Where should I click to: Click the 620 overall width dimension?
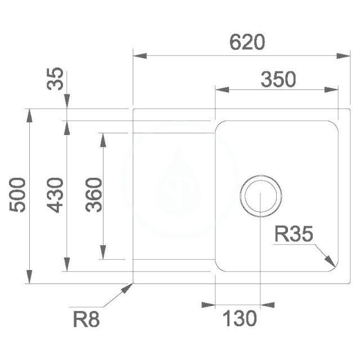pyautogui.click(x=247, y=42)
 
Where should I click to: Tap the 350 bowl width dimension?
pyautogui.click(x=278, y=79)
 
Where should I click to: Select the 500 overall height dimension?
pyautogui.click(x=17, y=195)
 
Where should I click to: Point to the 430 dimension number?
pyautogui.click(x=55, y=195)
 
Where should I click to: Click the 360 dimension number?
pyautogui.click(x=94, y=195)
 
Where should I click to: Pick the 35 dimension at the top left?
pyautogui.click(x=55, y=79)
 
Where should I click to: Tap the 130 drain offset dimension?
pyautogui.click(x=240, y=318)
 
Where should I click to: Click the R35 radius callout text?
pyautogui.click(x=294, y=234)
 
